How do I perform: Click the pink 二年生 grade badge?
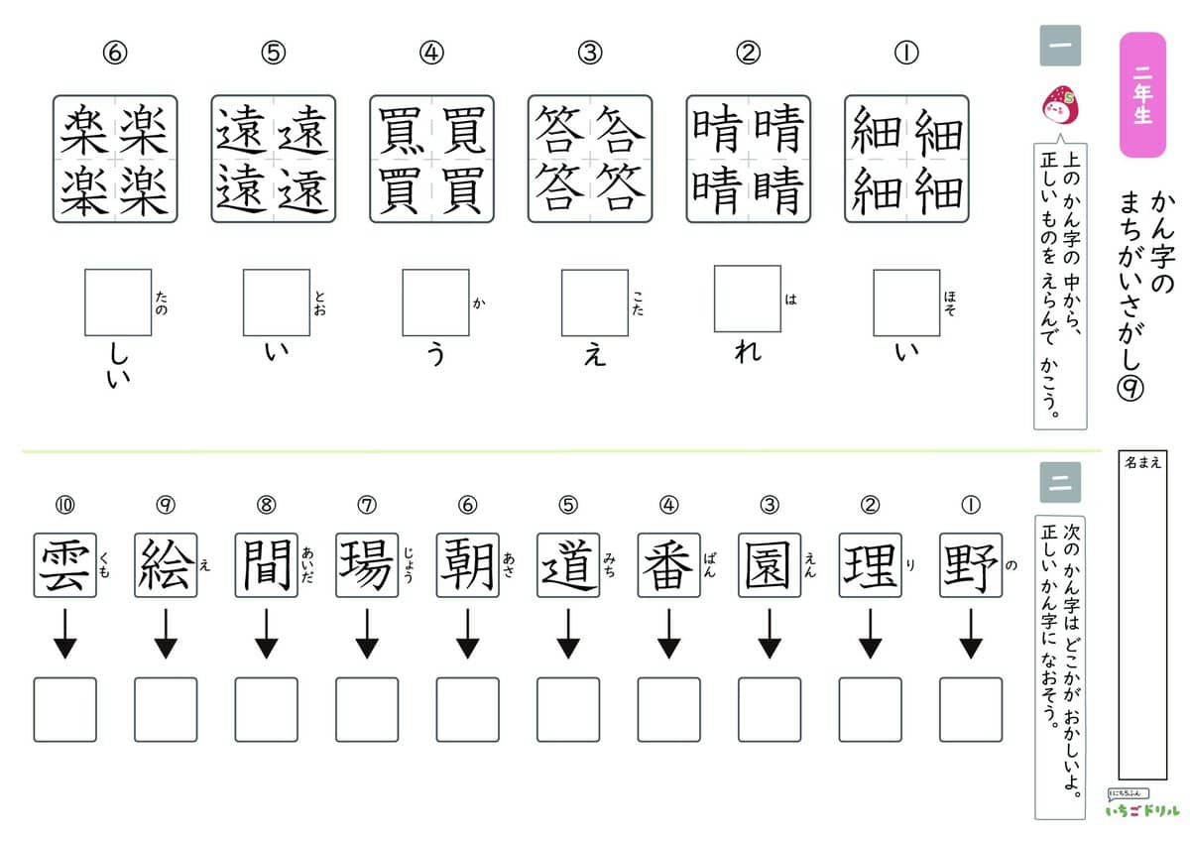(1142, 94)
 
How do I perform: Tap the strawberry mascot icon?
(1060, 105)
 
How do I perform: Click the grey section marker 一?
(1060, 46)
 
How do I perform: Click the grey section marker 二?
(1060, 482)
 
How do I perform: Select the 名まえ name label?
(1142, 462)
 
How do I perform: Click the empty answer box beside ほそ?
(906, 302)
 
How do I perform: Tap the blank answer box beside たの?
(118, 302)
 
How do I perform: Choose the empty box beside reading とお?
(277, 302)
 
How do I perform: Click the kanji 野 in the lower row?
(971, 565)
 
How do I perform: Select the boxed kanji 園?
(770, 565)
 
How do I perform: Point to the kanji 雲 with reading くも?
(64, 565)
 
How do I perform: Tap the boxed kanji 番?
(668, 565)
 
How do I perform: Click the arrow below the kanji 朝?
(467, 634)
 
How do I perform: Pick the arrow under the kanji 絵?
(166, 634)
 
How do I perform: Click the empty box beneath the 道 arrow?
(568, 709)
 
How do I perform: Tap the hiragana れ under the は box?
(748, 351)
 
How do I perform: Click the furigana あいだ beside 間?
(307, 565)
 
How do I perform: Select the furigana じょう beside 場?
(408, 565)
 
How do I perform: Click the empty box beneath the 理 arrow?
(871, 709)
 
